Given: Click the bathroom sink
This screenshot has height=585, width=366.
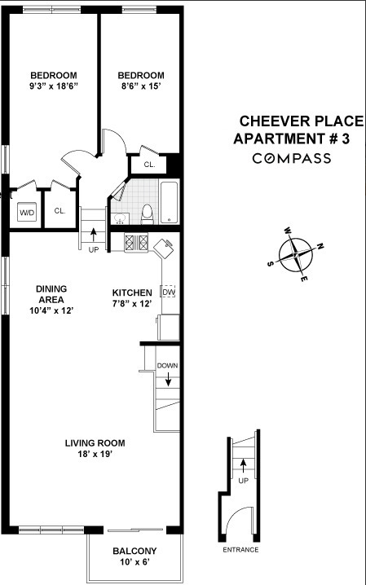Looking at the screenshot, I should (119, 217).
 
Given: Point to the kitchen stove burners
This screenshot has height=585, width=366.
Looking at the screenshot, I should (135, 242).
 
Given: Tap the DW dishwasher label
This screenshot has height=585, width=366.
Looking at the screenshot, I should (169, 292).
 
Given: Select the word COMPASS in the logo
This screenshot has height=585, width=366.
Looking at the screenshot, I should (291, 158).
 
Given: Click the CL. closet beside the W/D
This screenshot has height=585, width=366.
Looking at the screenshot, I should (60, 211).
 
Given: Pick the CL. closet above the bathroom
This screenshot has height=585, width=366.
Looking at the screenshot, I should (149, 164).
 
